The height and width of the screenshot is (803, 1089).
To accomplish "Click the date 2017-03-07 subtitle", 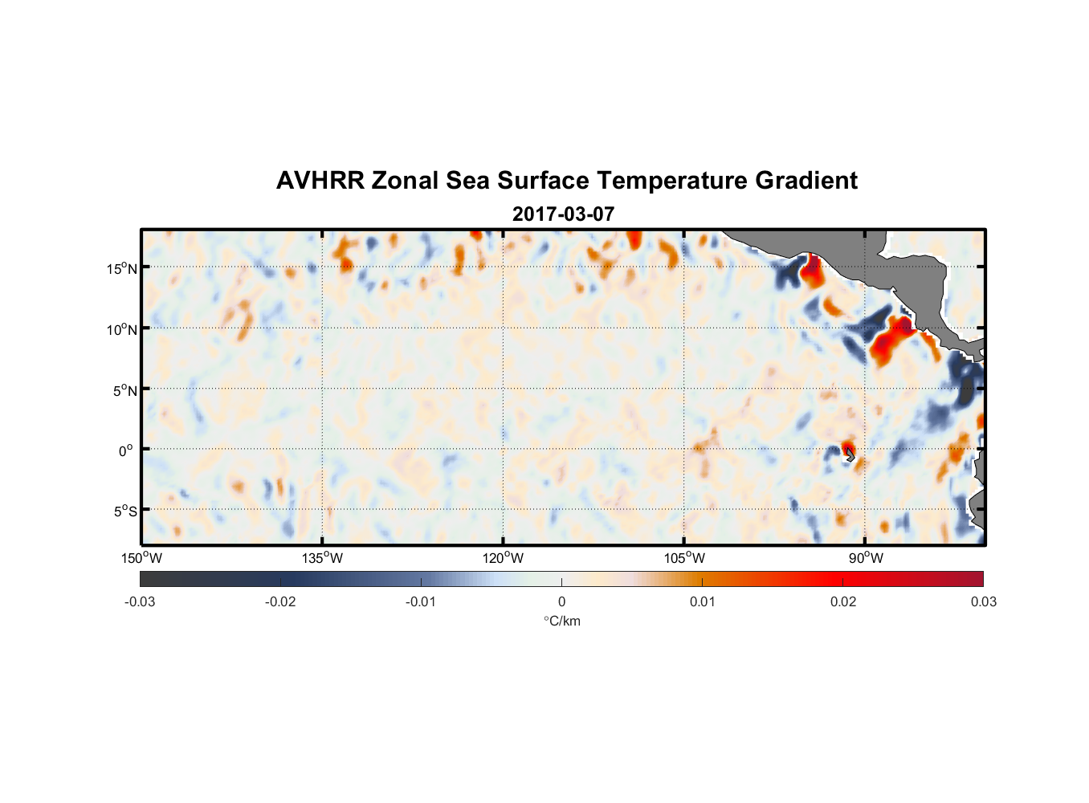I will pos(563,214).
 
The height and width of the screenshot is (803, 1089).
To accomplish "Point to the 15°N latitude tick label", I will pos(122,268).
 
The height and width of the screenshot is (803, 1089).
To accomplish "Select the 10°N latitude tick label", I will pos(122,329).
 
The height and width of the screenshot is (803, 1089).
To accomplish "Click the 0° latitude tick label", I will pos(126,450).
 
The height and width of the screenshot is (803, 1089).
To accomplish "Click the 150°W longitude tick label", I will pos(141,558).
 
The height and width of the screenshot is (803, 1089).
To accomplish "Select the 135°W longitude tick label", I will pos(323,558).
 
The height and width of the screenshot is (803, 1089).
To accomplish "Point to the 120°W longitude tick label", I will pos(504,558).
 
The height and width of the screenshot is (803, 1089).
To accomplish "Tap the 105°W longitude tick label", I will pos(684,558).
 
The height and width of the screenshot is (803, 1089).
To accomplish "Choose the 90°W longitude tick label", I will pos(866,558).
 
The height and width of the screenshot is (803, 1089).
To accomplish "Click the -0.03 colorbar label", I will pos(140,601).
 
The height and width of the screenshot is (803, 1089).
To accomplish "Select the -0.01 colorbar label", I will pos(421,601).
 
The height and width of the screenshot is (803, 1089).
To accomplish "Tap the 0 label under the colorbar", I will pos(561,601).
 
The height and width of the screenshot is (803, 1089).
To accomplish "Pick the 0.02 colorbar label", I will pos(843,601).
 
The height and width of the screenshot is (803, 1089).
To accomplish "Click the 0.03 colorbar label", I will pos(983,601).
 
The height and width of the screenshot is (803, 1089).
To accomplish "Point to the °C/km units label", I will pos(561,621).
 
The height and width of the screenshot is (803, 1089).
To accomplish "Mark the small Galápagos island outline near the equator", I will pos(850,455).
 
